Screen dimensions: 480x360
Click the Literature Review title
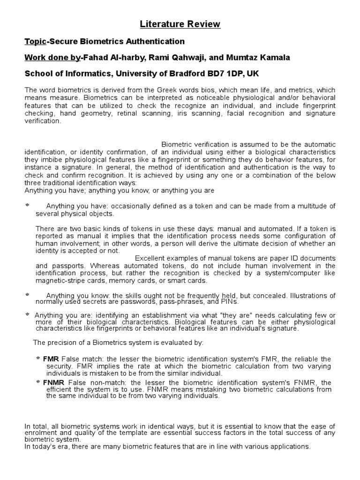point(180,24)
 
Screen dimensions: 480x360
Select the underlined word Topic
point(35,42)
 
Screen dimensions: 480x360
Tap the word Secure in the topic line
point(61,42)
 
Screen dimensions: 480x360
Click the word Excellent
point(151,258)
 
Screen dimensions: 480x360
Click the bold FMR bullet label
point(51,359)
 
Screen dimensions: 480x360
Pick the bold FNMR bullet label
point(53,383)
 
